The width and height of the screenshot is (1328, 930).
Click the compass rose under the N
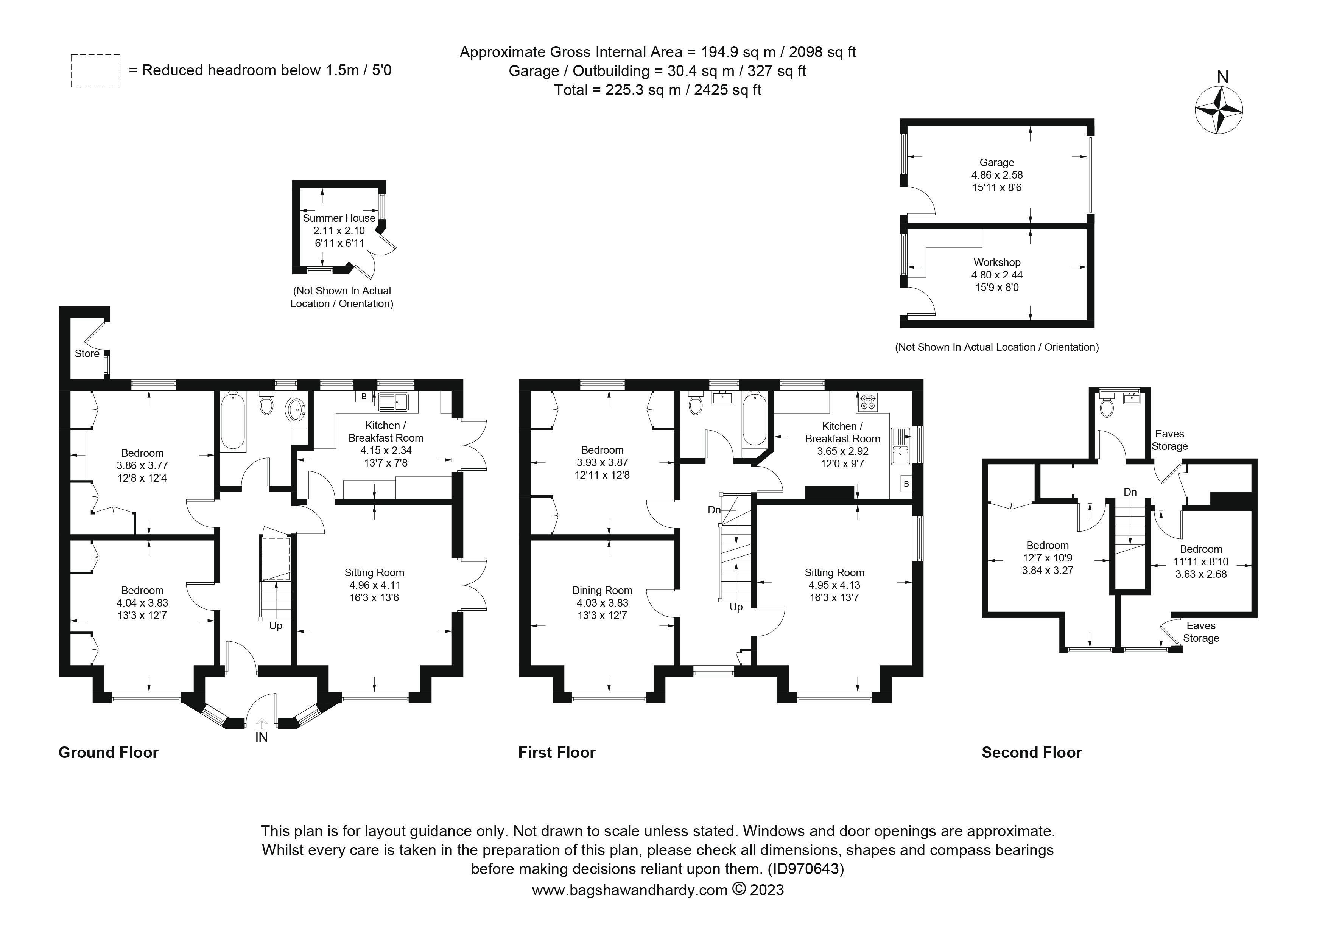(x=1219, y=110)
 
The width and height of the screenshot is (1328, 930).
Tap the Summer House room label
(x=339, y=218)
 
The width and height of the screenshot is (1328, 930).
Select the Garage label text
(x=996, y=163)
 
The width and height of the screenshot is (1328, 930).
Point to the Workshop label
(x=996, y=263)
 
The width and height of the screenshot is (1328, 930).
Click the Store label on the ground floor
(x=87, y=353)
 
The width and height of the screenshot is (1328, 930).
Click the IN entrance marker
(x=262, y=737)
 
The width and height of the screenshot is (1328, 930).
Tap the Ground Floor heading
(x=108, y=753)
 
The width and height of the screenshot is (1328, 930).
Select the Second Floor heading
(x=1031, y=753)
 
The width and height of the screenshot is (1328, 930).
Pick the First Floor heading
(x=556, y=753)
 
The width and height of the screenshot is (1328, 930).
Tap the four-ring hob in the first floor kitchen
(x=867, y=401)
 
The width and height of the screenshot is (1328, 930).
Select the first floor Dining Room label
(x=602, y=591)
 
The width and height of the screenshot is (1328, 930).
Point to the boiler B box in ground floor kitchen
(x=364, y=396)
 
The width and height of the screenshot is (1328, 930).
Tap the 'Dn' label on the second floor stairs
(x=1130, y=492)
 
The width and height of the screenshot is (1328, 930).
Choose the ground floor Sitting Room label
(x=374, y=572)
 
